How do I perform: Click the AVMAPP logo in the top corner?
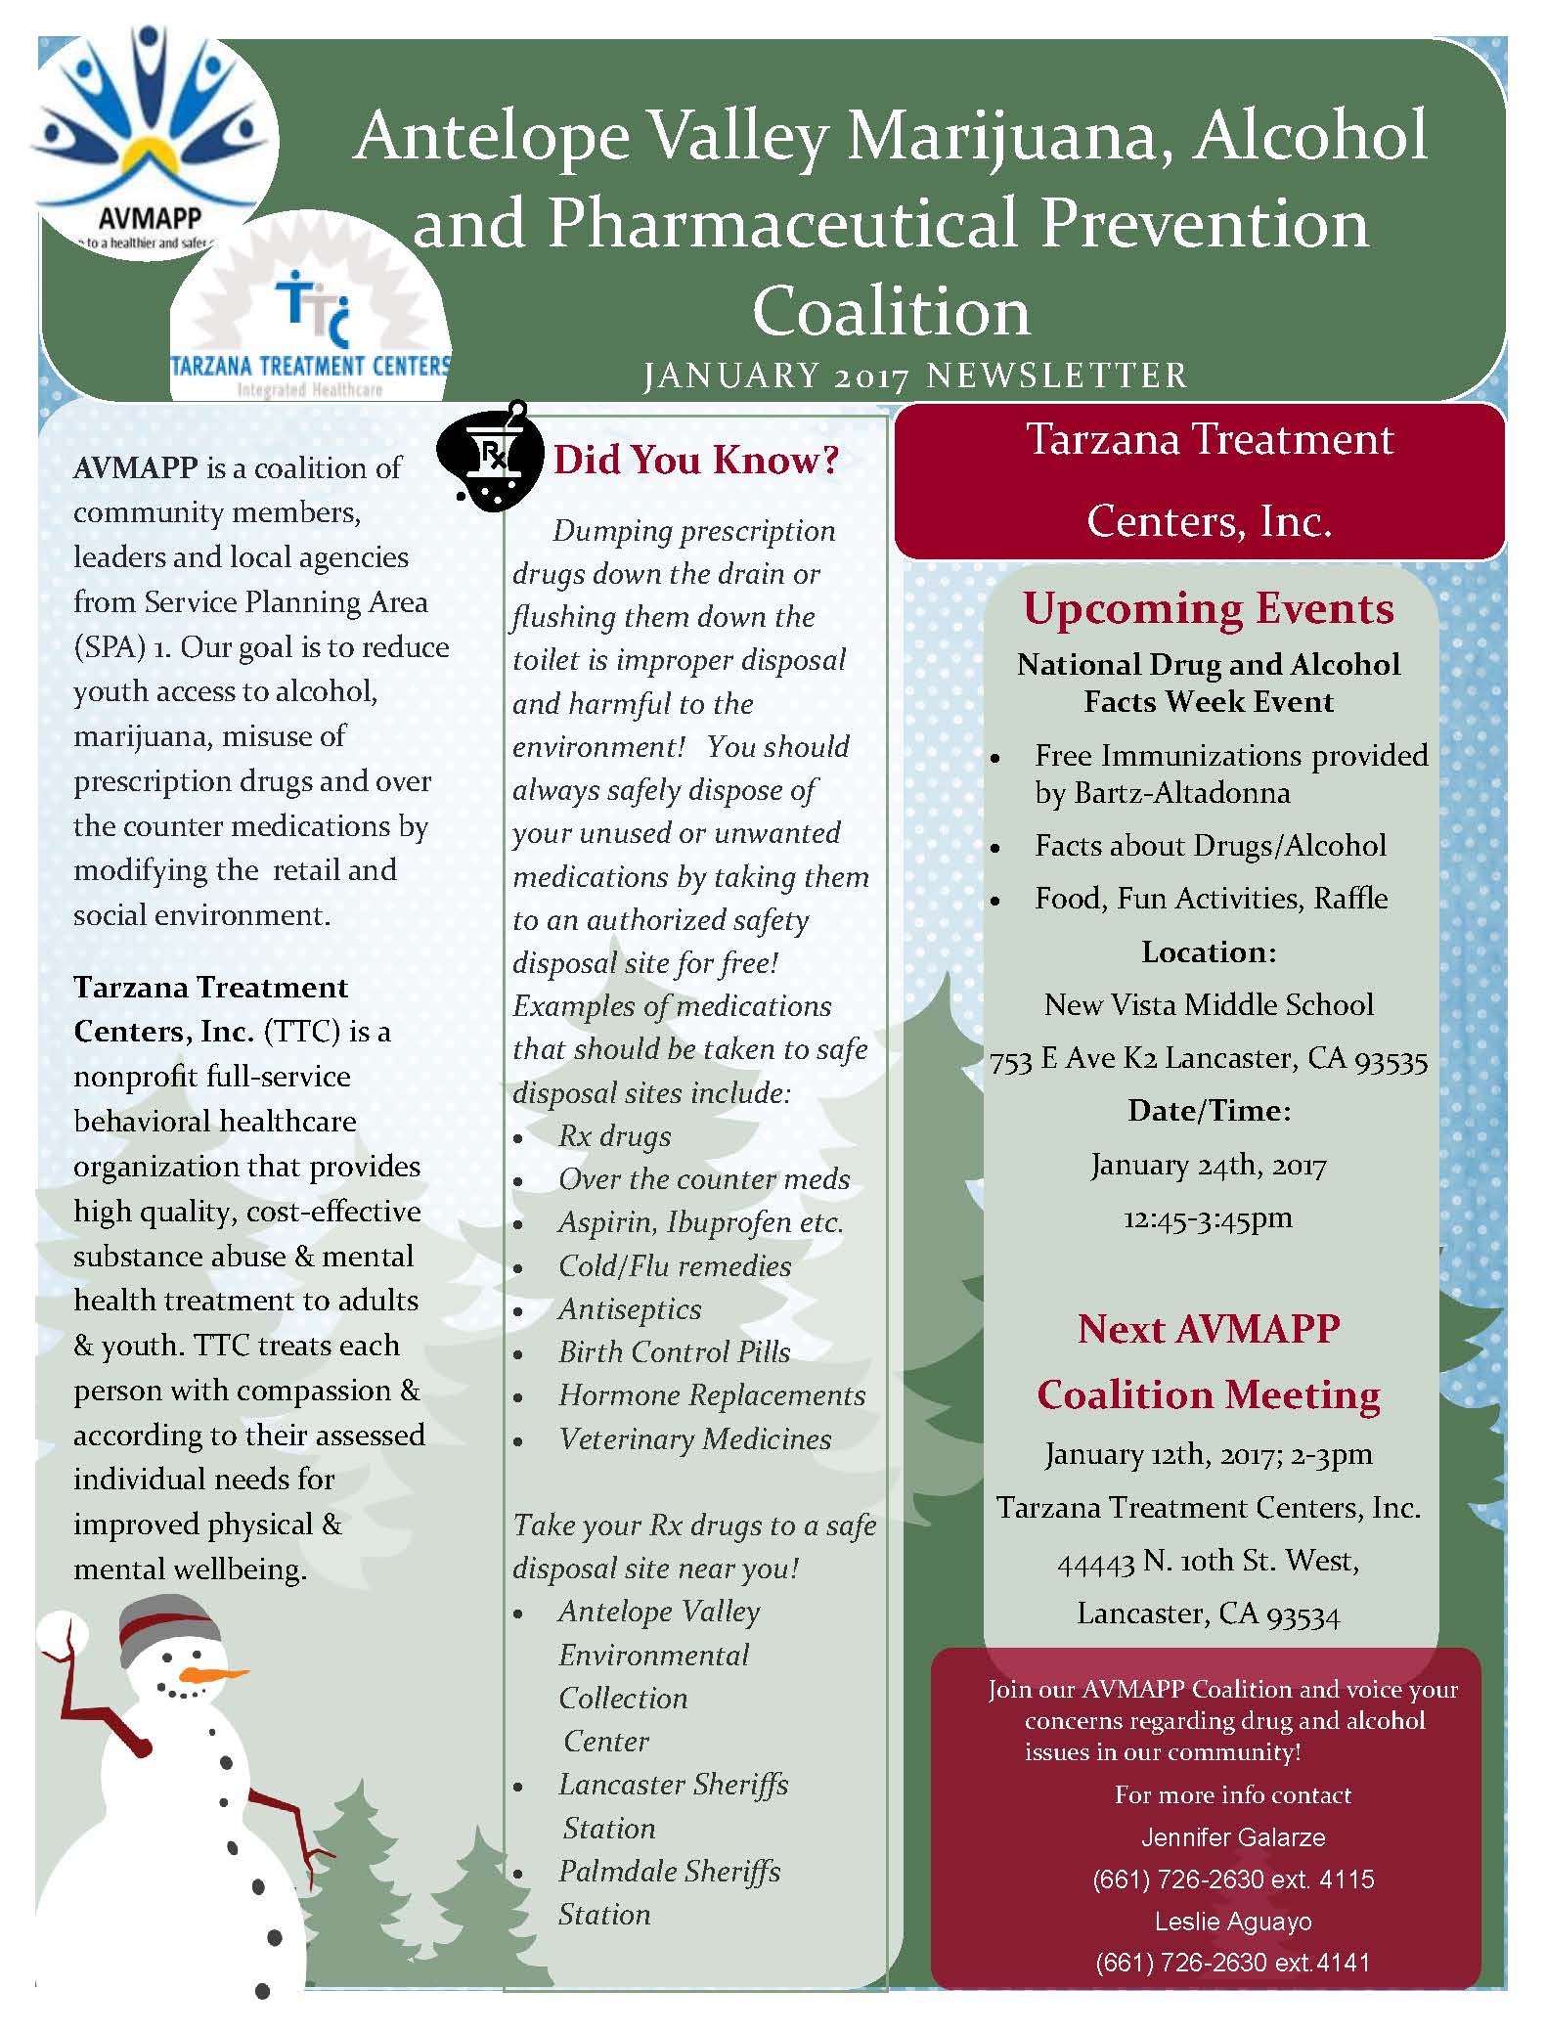pos(152,137)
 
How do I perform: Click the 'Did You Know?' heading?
pos(696,460)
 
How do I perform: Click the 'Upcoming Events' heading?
pos(1209,608)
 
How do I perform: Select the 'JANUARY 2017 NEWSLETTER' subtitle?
pos(914,376)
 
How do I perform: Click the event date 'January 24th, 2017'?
pos(1209,1166)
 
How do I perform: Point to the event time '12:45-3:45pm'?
pos(1209,1218)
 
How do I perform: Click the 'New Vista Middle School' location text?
pos(1209,1005)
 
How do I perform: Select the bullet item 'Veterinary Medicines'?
pos(694,1439)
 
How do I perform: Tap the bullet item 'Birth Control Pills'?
pos(674,1352)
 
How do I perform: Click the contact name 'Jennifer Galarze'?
pos(1233,1837)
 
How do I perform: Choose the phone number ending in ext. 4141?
pos(1233,1963)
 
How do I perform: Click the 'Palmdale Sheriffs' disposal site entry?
pos(669,1872)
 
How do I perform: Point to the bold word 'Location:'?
pos(1209,952)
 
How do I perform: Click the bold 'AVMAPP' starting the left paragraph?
pos(136,468)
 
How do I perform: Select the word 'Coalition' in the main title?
pos(891,312)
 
